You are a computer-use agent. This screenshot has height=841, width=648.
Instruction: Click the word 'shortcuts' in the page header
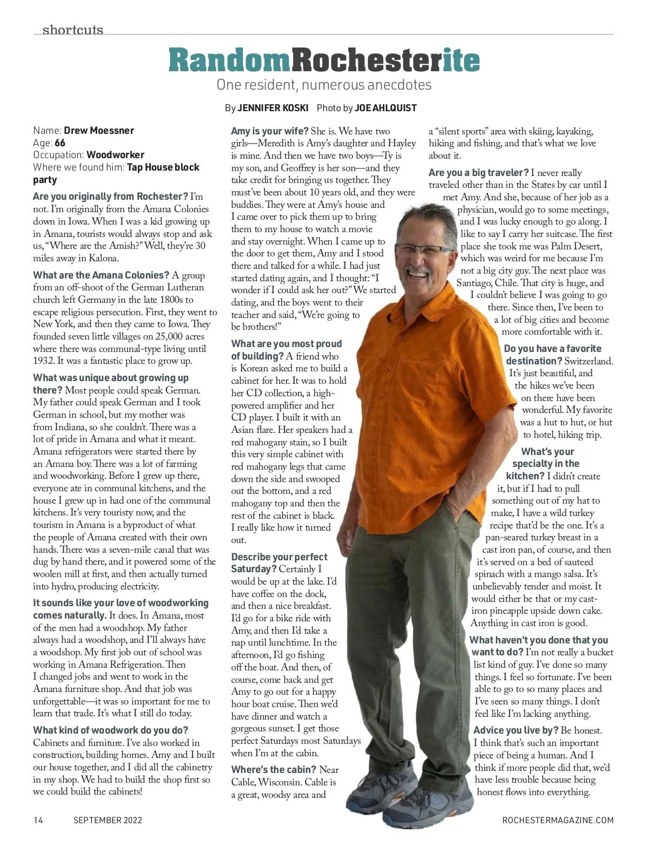pyautogui.click(x=72, y=29)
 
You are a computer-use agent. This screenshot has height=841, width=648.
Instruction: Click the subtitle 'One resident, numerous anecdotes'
pyautogui.click(x=323, y=85)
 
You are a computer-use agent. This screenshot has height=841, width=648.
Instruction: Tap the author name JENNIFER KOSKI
pyautogui.click(x=273, y=108)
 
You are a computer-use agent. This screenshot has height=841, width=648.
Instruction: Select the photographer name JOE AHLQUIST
pyautogui.click(x=386, y=108)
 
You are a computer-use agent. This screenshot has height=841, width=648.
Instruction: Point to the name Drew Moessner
pyautogui.click(x=99, y=131)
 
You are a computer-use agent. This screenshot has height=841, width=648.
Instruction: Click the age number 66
pyautogui.click(x=59, y=143)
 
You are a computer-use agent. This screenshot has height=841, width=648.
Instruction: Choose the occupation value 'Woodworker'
pyautogui.click(x=116, y=155)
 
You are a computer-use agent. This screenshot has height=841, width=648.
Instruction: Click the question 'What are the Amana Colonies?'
pyautogui.click(x=102, y=275)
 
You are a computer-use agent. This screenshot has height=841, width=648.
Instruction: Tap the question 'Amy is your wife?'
pyautogui.click(x=269, y=131)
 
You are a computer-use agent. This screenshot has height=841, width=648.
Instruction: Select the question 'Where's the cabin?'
pyautogui.click(x=273, y=770)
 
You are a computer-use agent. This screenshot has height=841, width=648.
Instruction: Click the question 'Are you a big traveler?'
pyautogui.click(x=478, y=173)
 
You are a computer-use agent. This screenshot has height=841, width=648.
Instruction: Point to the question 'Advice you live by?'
pyautogui.click(x=516, y=730)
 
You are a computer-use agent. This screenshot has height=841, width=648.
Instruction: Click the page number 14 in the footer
pyautogui.click(x=38, y=820)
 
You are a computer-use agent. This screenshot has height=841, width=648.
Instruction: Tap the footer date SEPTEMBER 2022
pyautogui.click(x=107, y=820)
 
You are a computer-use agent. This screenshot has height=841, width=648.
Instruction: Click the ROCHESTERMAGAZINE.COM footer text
pyautogui.click(x=558, y=820)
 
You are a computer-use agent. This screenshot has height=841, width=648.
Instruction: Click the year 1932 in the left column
pyautogui.click(x=44, y=361)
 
